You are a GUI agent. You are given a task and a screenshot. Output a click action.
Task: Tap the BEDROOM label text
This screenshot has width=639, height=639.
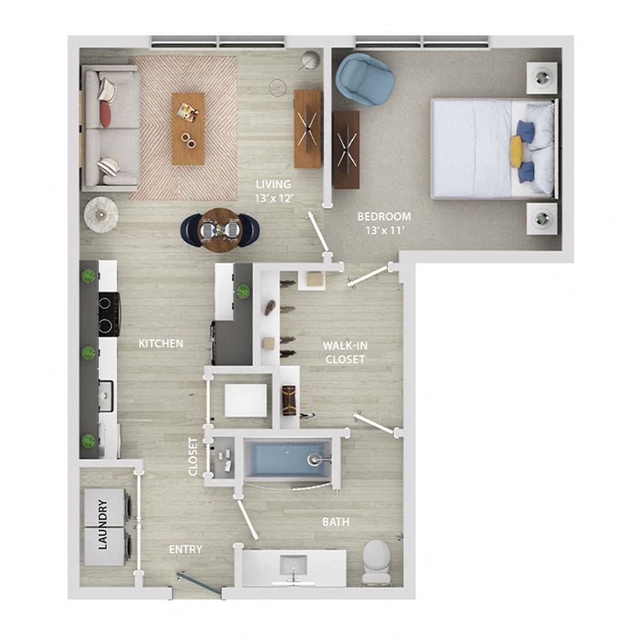point(383,217)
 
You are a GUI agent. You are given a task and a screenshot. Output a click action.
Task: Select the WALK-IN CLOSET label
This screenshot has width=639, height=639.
point(344,352)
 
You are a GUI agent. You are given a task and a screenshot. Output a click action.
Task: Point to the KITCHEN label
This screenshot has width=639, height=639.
point(161,344)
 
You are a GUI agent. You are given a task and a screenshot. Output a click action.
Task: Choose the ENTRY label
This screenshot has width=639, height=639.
point(186,550)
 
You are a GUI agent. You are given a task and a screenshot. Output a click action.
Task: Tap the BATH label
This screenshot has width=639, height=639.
point(335,522)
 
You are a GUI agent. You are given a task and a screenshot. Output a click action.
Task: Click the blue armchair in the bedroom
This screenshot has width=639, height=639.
point(365,79)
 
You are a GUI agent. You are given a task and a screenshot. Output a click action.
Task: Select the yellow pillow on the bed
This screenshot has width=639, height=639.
point(516,151)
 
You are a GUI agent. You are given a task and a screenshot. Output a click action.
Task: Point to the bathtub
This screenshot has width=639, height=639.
point(288,458)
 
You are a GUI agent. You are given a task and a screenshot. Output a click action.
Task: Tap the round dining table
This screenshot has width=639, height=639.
point(219,228)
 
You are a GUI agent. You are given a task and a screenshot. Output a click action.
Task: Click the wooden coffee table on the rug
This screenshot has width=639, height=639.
point(188,128)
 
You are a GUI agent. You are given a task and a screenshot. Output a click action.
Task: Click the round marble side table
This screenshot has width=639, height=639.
point(101,215)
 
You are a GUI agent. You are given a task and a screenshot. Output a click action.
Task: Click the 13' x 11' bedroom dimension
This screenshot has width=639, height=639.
point(383,230)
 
